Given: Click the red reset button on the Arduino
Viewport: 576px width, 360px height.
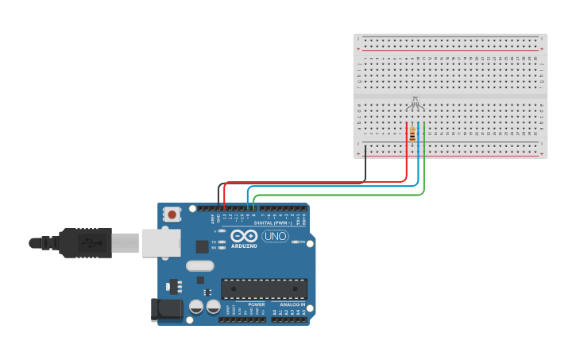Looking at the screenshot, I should (x=172, y=214).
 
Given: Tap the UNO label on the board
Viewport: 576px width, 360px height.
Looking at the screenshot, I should (x=275, y=236).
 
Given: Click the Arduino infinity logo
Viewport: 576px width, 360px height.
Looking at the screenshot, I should (x=244, y=236).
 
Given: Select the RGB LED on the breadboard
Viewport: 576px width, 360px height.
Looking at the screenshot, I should (x=415, y=103).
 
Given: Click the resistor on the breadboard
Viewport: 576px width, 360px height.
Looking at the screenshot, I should (x=412, y=136).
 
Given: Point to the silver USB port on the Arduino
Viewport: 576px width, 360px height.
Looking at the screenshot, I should (x=161, y=243).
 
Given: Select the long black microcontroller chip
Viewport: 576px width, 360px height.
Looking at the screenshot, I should (x=264, y=288).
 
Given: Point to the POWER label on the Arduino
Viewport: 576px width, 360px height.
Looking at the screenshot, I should (x=256, y=304).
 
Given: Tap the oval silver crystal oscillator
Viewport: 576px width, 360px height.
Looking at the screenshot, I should (x=199, y=266).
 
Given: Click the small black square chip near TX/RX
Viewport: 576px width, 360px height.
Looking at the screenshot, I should (x=203, y=246).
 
